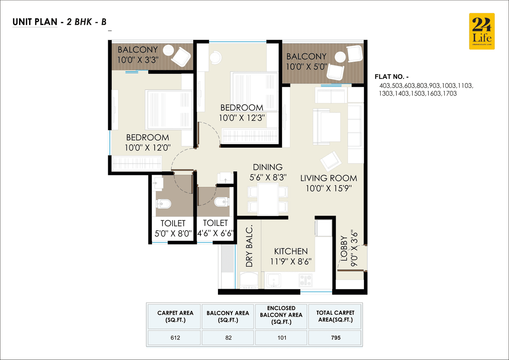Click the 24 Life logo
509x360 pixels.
click(x=482, y=31)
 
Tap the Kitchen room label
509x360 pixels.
click(x=291, y=251)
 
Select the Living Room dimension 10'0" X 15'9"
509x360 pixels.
click(x=328, y=188)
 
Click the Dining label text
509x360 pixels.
click(x=268, y=167)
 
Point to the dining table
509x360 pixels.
click(x=268, y=199)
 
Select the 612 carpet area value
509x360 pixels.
click(x=175, y=338)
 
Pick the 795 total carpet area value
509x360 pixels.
click(x=335, y=338)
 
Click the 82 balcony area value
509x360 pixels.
click(x=228, y=338)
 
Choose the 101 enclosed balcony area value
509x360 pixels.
click(x=281, y=338)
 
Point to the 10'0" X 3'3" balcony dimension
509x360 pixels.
click(x=138, y=60)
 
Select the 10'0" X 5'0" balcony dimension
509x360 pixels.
click(x=306, y=67)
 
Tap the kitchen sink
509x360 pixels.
click(x=273, y=280)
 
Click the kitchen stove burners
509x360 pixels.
click(x=305, y=280)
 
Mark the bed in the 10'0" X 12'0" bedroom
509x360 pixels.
click(x=169, y=109)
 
